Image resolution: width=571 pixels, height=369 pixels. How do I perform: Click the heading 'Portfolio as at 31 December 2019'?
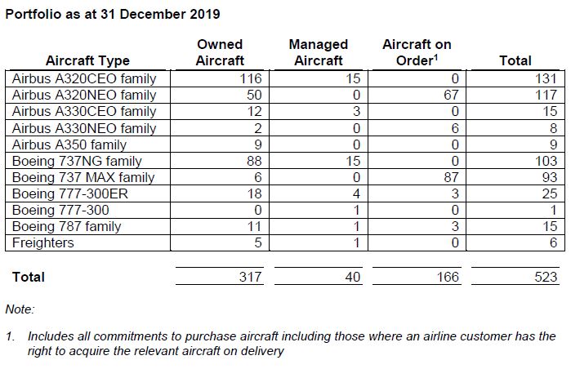tap(113, 14)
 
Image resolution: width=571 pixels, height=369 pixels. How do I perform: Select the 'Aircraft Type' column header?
tap(87, 60)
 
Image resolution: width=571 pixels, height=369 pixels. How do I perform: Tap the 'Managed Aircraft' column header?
tap(319, 52)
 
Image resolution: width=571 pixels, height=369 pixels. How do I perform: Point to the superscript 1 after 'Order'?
tap(435, 57)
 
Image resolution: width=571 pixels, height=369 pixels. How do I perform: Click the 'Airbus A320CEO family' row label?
tap(84, 78)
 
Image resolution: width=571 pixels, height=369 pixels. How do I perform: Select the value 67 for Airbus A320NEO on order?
tap(451, 95)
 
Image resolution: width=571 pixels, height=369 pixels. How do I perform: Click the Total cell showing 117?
tap(546, 95)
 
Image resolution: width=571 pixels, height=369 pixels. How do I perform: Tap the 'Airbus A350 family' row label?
tap(69, 144)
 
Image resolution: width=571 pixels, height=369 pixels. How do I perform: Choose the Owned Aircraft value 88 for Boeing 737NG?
tap(254, 161)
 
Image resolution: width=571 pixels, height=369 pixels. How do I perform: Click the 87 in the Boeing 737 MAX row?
tap(451, 178)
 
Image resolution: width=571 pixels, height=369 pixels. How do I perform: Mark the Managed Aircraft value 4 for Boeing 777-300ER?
tap(356, 194)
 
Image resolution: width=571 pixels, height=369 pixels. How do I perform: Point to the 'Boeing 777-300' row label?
tap(60, 211)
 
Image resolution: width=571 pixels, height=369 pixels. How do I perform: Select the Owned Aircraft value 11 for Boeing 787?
tap(254, 227)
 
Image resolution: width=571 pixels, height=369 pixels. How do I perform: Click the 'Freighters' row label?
tap(43, 242)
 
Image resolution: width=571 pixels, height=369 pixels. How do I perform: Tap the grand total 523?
tap(546, 278)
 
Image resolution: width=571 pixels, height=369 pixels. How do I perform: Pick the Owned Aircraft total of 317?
tap(251, 278)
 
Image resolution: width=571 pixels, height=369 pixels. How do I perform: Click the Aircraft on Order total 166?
tap(448, 278)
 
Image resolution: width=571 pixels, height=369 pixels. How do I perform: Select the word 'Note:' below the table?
tap(20, 309)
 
